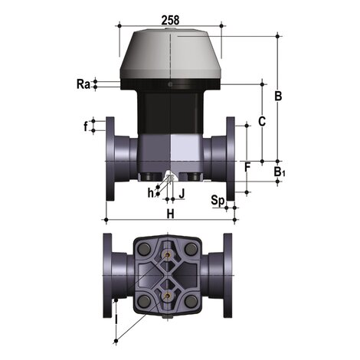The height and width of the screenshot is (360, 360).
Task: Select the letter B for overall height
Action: [279, 97]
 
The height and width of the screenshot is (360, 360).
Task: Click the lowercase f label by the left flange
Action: [86, 126]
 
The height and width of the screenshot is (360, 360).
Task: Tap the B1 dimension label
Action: [280, 172]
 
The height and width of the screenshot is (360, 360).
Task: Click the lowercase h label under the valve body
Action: [150, 193]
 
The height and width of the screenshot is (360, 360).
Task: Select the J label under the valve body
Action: [182, 191]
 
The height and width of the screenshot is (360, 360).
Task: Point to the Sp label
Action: [218, 201]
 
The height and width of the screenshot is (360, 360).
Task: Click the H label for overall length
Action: [170, 212]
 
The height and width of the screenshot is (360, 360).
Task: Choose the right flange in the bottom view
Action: [231, 274]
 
